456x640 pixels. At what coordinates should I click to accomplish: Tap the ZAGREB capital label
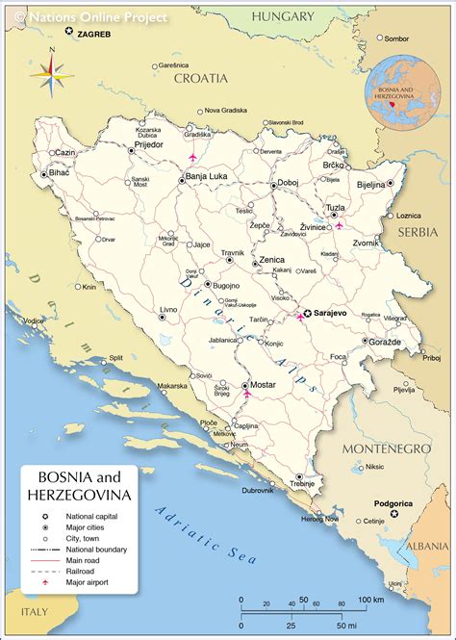click(93, 34)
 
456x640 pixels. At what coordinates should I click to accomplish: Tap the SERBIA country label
click(419, 233)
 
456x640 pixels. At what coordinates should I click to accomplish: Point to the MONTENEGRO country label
click(390, 449)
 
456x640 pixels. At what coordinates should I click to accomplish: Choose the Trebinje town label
click(306, 486)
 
